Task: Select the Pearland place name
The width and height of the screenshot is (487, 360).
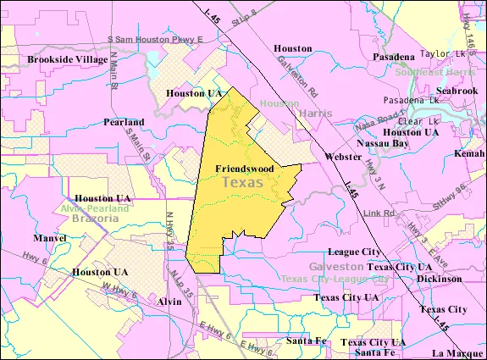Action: click(x=124, y=122)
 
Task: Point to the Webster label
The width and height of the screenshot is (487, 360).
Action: click(x=342, y=157)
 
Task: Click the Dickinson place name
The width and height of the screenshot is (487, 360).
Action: click(x=439, y=278)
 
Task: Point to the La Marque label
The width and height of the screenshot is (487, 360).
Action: click(x=456, y=352)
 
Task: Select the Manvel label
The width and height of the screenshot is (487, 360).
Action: click(x=51, y=239)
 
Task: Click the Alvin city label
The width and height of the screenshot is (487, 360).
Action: click(x=169, y=302)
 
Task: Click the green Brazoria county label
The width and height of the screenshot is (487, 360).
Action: click(x=90, y=219)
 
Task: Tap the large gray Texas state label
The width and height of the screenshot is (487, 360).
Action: click(x=242, y=183)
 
